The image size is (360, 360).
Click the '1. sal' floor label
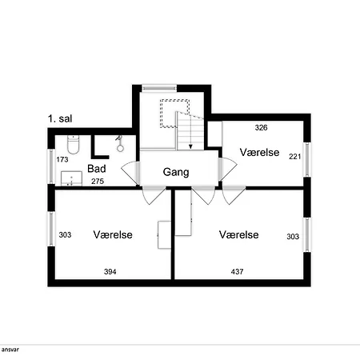(x=60, y=118)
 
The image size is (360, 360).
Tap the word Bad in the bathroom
(x=97, y=169)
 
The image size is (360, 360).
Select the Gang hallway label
(x=176, y=172)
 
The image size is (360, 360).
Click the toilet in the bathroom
(x=73, y=145)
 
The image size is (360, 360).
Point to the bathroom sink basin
(x=71, y=178)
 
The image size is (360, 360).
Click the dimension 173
(x=62, y=159)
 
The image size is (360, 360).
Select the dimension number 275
(x=98, y=182)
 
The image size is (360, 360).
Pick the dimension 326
(x=261, y=128)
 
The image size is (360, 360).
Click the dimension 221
(x=295, y=157)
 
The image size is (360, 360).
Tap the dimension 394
(x=110, y=272)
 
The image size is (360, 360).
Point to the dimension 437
(x=237, y=272)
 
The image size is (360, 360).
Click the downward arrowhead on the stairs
(x=190, y=146)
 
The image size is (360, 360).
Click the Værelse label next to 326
(x=259, y=152)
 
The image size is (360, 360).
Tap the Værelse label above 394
(x=113, y=234)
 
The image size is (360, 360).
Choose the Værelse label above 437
(x=239, y=234)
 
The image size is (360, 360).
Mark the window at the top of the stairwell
(x=159, y=88)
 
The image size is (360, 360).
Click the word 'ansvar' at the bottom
(x=10, y=350)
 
